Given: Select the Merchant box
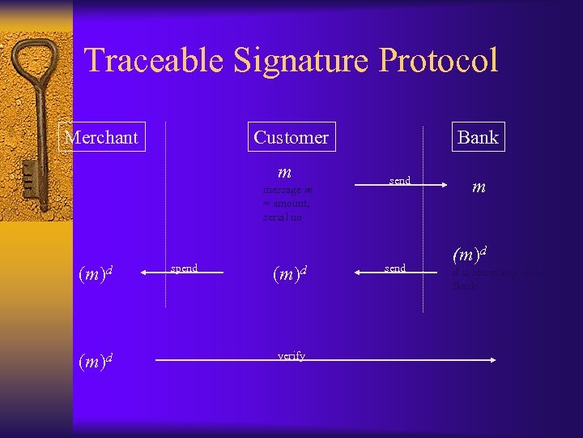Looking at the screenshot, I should [x=101, y=137].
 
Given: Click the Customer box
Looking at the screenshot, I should [x=291, y=137].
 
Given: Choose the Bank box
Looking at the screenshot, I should [x=478, y=137].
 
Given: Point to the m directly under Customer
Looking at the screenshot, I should [x=284, y=172].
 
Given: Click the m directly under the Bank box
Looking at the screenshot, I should [x=479, y=187].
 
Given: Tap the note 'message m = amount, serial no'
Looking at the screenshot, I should [x=287, y=204].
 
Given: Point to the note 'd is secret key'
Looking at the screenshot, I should [x=497, y=279].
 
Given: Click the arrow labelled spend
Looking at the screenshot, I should [x=182, y=274].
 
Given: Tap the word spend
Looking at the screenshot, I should [x=185, y=267].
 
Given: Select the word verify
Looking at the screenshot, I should [x=291, y=355].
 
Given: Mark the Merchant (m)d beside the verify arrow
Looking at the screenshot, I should [x=95, y=361].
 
